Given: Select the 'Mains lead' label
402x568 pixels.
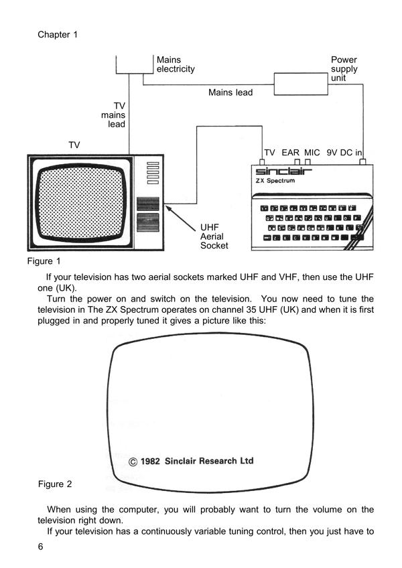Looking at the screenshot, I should tap(230, 92).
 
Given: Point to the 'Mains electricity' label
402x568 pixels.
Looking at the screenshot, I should tap(175, 64).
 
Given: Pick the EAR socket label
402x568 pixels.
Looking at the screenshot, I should tap(290, 153).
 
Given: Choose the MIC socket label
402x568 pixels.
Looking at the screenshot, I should tap(312, 153).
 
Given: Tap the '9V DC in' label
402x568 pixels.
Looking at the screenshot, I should tap(344, 153).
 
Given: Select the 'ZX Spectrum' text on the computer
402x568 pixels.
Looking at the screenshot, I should tap(275, 184).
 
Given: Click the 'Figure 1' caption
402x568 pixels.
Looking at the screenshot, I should tap(44, 261).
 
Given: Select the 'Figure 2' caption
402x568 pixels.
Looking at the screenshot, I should tap(54, 484).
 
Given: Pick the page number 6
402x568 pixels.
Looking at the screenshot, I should tap(41, 547).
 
